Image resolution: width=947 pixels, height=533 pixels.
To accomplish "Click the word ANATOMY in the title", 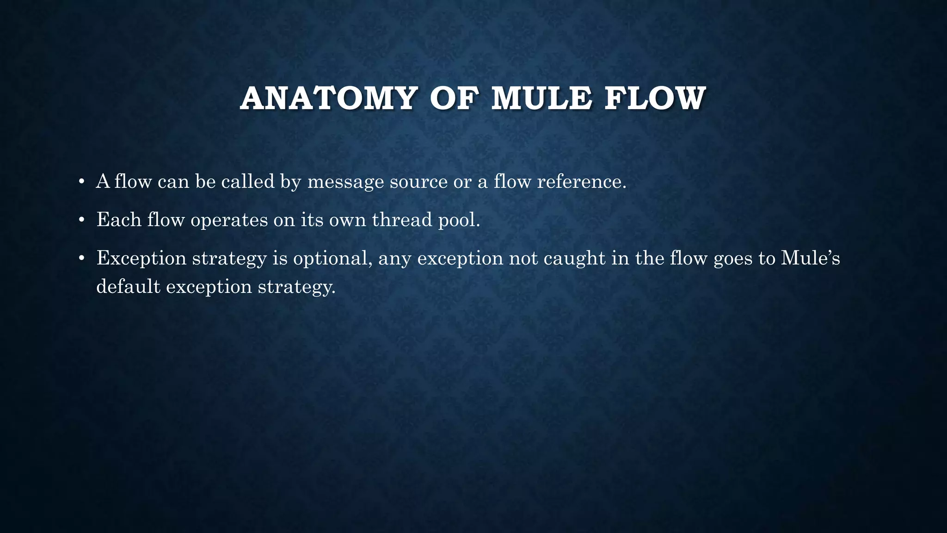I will click(x=328, y=99).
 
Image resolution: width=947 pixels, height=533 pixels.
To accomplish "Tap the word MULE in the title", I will click(x=541, y=99).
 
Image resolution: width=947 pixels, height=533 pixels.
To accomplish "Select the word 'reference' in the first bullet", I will click(x=581, y=181).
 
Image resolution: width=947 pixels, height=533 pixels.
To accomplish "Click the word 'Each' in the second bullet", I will click(x=119, y=219).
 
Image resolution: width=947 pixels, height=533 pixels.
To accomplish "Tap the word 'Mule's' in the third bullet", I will click(x=810, y=258).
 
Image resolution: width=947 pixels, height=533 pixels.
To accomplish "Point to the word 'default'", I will click(x=128, y=286).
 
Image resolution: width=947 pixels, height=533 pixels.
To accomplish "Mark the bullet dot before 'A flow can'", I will click(x=81, y=182).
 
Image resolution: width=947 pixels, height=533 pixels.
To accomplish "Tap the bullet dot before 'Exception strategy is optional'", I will click(x=81, y=258).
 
